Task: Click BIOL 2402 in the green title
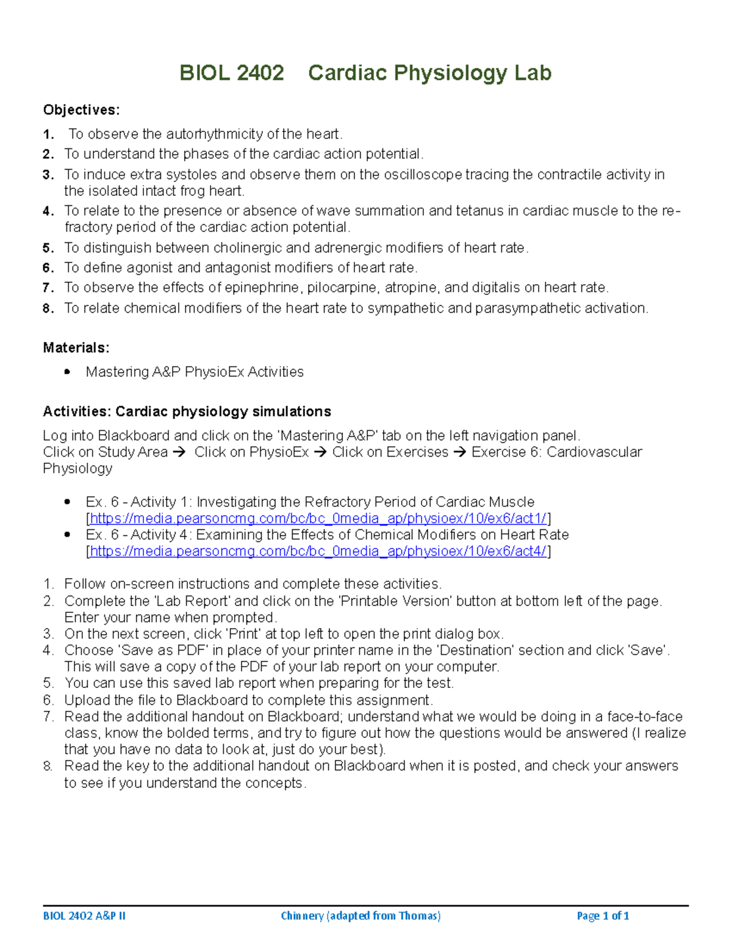(231, 73)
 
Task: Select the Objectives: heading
(81, 110)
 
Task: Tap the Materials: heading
(76, 348)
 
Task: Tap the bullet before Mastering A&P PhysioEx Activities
(67, 372)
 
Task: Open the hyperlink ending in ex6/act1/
(318, 519)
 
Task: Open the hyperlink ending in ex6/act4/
(318, 552)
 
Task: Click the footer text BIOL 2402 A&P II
(84, 916)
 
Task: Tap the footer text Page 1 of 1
(603, 916)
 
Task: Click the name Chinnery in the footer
(302, 916)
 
